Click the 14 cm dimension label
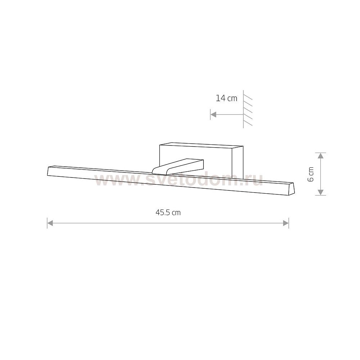point(226,99)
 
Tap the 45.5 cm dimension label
point(168,213)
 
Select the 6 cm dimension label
point(310,174)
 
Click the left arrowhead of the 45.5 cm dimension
point(50,223)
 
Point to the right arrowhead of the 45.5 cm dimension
point(286,223)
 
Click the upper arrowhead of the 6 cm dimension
point(320,156)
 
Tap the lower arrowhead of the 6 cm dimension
point(320,192)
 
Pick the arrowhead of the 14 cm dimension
point(213,114)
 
